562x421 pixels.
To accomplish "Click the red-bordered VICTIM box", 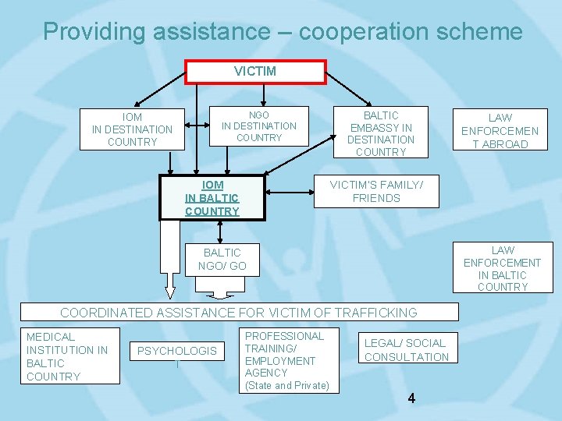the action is click(255, 72).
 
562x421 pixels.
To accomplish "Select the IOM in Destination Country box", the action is click(132, 129).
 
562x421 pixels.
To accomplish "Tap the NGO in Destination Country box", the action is click(258, 126).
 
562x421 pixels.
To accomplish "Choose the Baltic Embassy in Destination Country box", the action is click(380, 133).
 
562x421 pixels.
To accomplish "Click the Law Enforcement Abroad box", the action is click(500, 131).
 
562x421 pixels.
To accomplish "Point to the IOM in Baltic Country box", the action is click(212, 198).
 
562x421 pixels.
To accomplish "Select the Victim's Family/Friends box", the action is click(375, 192).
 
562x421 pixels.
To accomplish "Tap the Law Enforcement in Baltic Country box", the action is click(502, 267).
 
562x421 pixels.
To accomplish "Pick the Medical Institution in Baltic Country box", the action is click(69, 356).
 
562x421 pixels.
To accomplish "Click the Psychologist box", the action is click(177, 357).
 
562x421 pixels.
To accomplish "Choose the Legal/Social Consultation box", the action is click(406, 350).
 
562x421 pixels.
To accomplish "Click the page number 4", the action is click(411, 398).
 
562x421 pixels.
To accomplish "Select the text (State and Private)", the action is click(287, 385).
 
